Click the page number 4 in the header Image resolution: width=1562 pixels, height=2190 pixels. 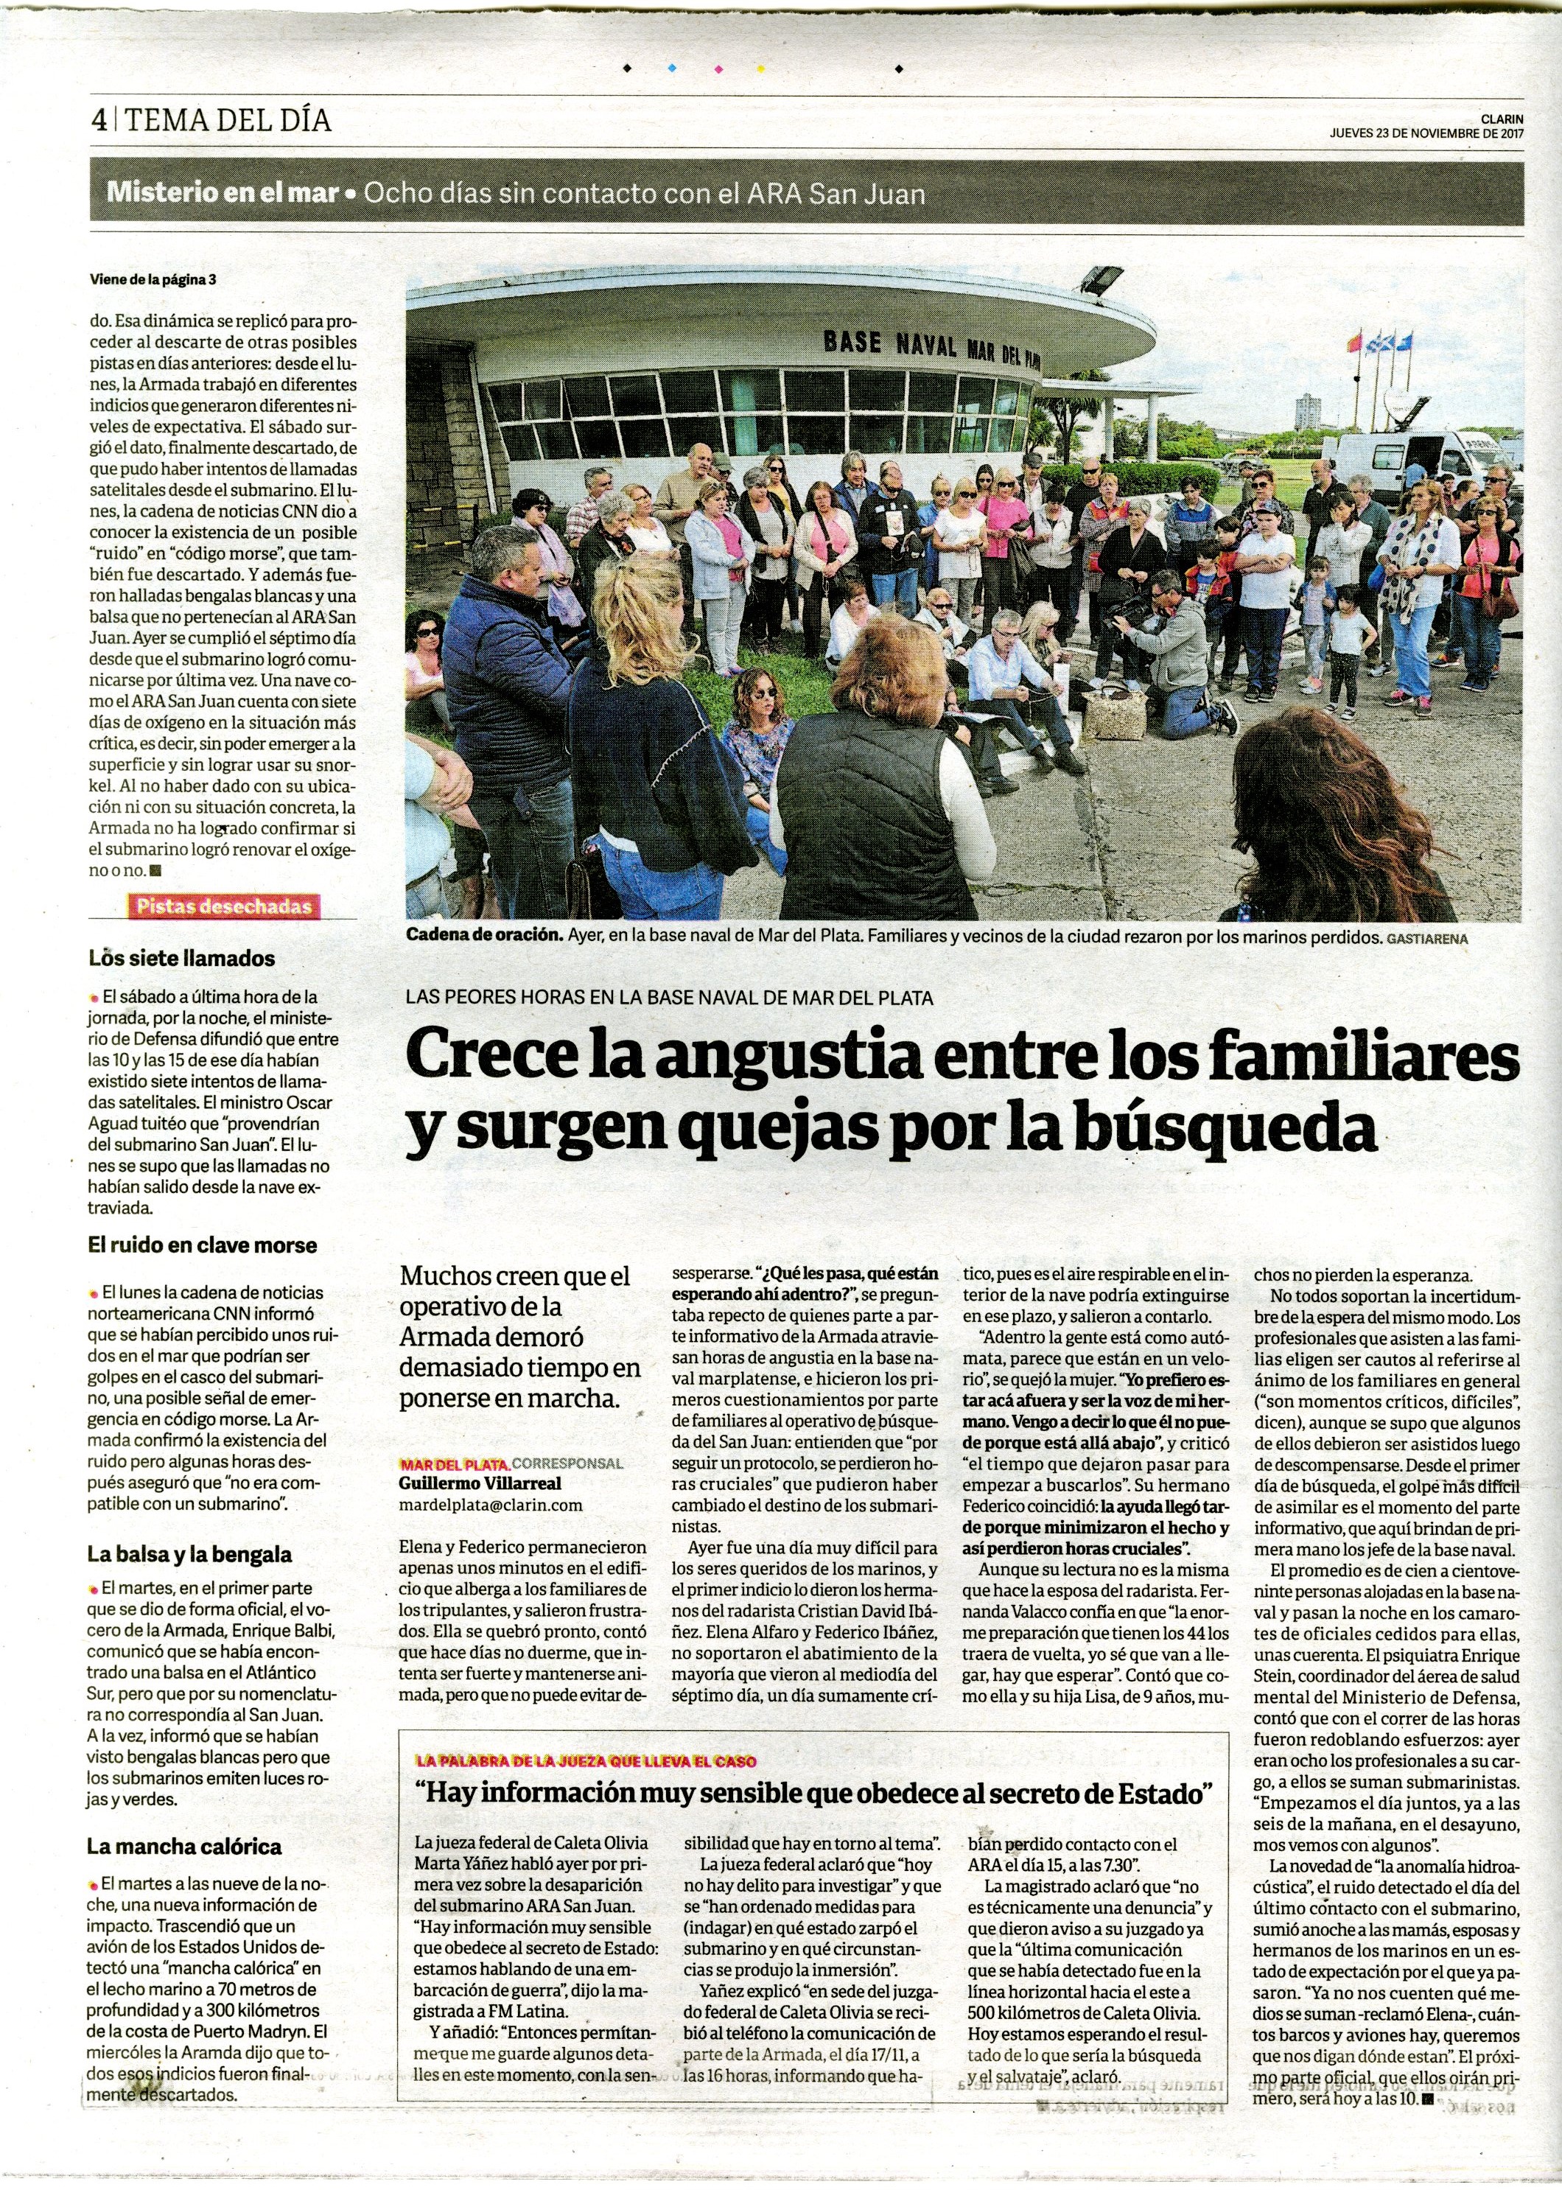point(98,121)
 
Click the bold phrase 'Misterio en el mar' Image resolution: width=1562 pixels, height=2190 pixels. point(223,192)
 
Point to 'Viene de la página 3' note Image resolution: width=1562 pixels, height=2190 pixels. point(153,281)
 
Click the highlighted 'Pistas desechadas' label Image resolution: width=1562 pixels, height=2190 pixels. point(224,906)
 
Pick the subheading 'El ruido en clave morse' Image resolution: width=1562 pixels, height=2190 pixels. point(202,1245)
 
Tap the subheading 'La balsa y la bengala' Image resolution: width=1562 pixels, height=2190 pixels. point(189,1554)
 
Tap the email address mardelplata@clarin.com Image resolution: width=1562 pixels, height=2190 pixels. point(491,1504)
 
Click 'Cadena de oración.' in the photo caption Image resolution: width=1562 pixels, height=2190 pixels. point(484,934)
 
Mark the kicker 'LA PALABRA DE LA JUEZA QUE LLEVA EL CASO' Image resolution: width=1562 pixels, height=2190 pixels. point(586,1761)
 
